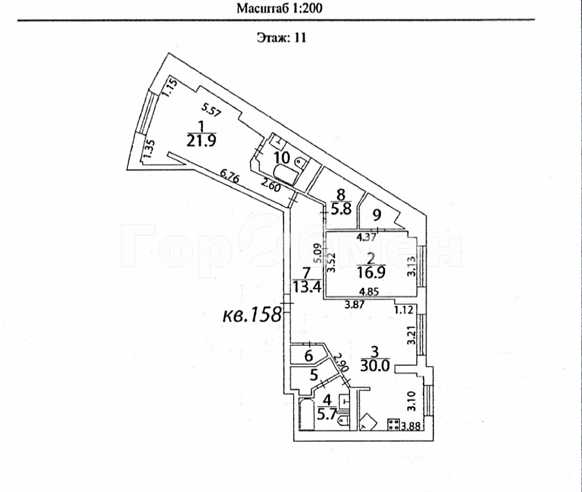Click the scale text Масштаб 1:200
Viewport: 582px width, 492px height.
(x=280, y=9)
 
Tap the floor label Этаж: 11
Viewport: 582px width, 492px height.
(x=280, y=37)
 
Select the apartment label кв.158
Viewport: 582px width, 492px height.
(x=251, y=315)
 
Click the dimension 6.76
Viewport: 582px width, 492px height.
(x=230, y=175)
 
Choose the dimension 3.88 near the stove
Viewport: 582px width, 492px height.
(x=410, y=427)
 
